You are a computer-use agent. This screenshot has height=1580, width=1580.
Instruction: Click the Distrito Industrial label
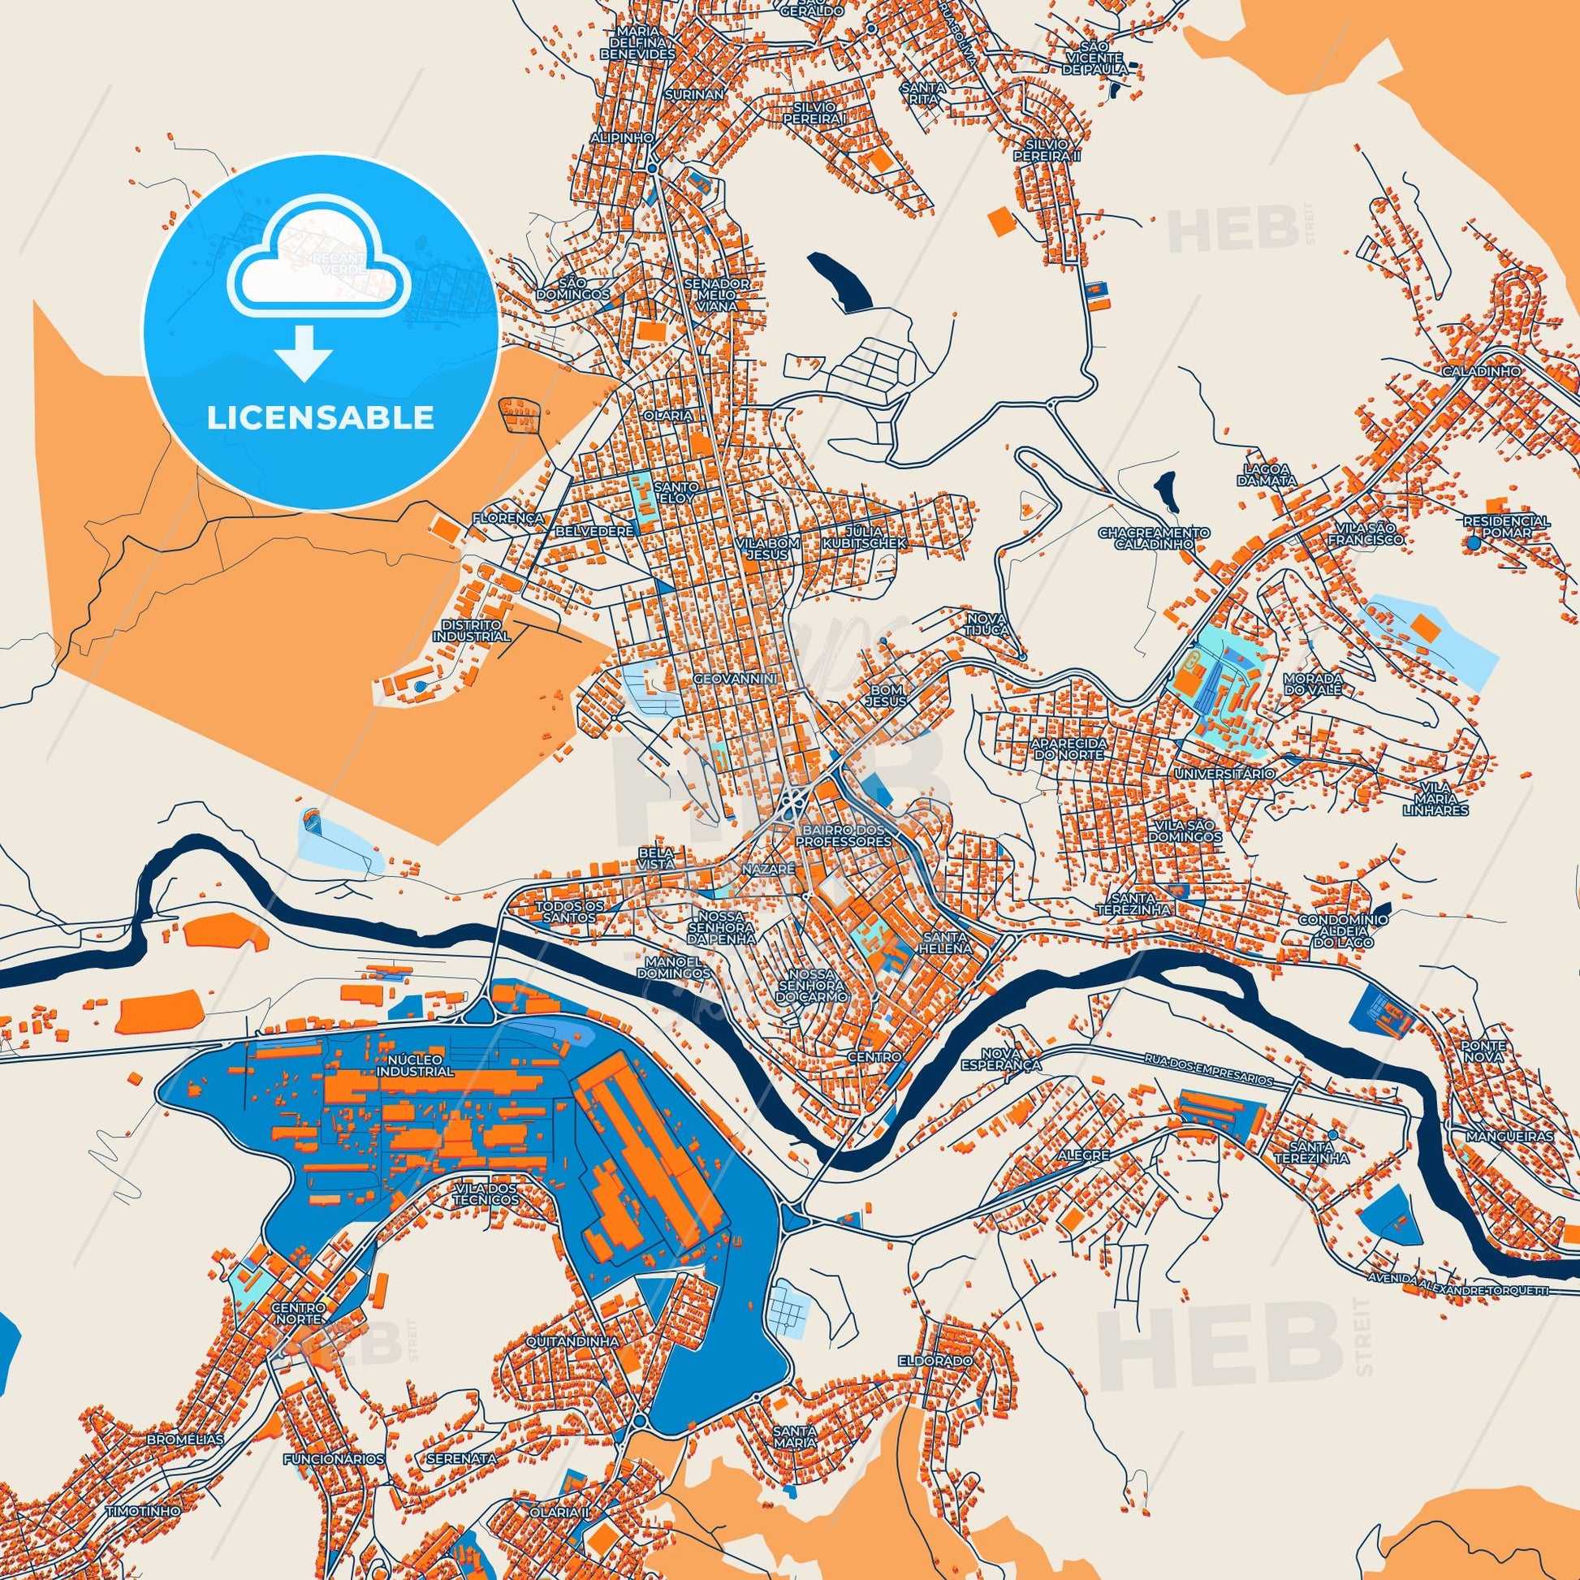click(475, 630)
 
